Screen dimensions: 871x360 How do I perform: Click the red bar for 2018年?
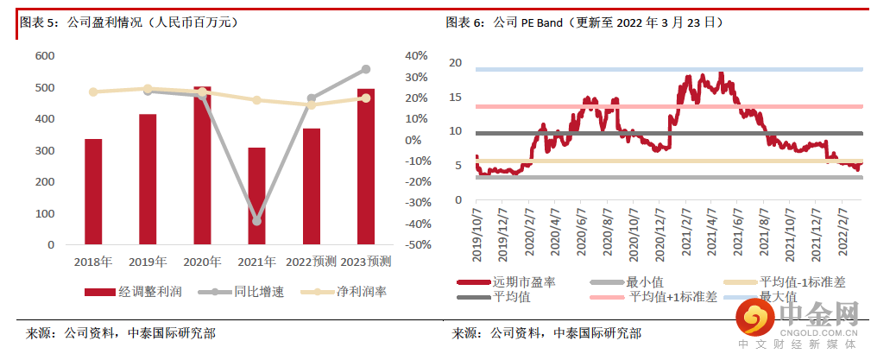(x=93, y=192)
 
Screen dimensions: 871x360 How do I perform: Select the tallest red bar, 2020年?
(x=202, y=166)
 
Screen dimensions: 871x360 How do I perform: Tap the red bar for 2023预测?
(x=365, y=167)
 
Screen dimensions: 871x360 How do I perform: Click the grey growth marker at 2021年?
(x=256, y=221)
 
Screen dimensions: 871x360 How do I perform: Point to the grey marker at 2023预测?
(x=365, y=69)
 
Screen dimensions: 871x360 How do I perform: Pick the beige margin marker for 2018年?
(x=93, y=92)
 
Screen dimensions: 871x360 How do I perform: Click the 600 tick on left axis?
(x=44, y=56)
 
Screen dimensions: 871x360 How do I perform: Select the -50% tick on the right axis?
(x=417, y=245)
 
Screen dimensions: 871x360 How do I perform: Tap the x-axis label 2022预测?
(x=311, y=262)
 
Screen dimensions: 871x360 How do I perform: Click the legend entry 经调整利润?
(x=133, y=292)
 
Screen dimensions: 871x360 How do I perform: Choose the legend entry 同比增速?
(x=241, y=292)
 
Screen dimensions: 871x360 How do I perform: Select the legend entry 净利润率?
(x=344, y=292)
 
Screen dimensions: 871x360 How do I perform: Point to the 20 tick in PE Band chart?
(x=455, y=63)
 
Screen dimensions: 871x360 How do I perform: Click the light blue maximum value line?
(x=669, y=69)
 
